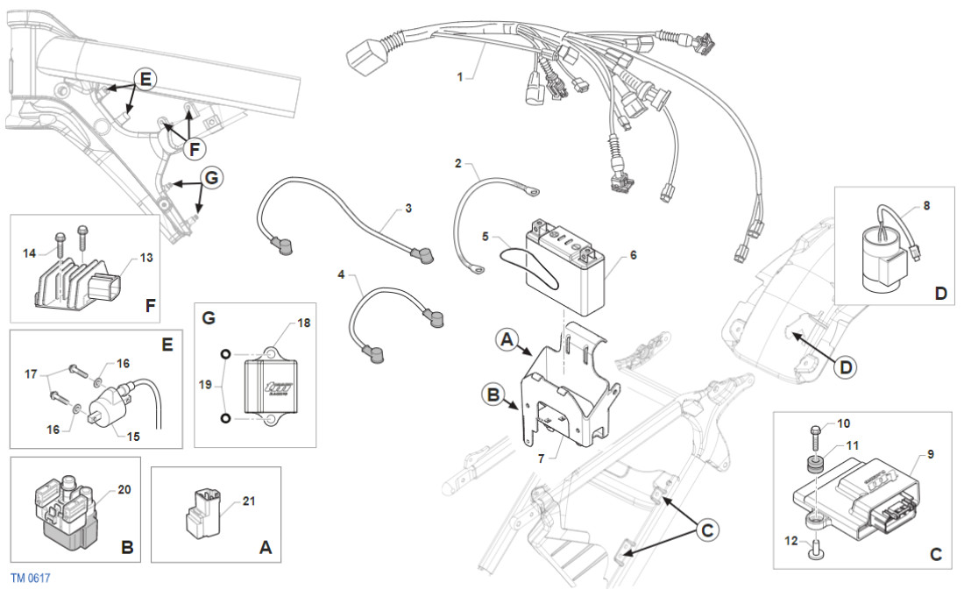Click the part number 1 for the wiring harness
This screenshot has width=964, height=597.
459,77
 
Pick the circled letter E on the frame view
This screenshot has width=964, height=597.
146,79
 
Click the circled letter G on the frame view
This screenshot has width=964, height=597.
210,178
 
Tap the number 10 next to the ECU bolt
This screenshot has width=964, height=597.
843,423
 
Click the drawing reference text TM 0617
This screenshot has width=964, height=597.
31,579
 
